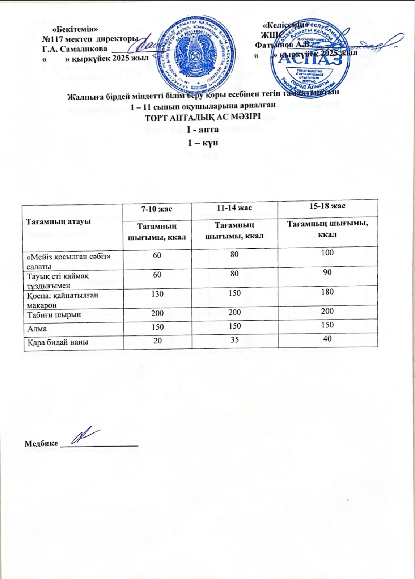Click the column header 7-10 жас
pos(157,209)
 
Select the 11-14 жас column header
pos(234,208)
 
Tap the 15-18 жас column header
pos(327,206)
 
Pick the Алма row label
pos(37,329)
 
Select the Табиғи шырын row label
pos(54,314)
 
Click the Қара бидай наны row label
pos(58,342)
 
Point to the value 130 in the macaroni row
pos(157,294)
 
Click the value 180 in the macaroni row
pos(327,292)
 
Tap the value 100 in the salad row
pos(327,252)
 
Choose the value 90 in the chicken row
pos(327,272)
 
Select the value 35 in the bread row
pos(234,340)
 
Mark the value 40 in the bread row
pos(327,339)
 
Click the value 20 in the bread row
pos(157,341)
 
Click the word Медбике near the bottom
pos(41,444)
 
